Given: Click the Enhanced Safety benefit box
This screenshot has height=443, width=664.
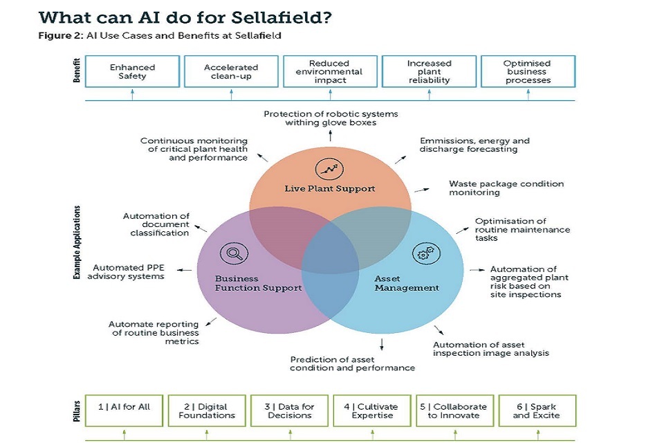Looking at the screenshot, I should coord(132,72).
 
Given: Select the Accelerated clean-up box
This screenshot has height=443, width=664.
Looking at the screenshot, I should coord(231,72).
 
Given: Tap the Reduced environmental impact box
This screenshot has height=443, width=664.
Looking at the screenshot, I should coord(329,72).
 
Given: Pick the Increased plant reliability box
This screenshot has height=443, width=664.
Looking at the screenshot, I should coord(428,72).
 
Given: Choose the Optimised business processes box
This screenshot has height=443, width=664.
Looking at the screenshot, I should coord(527,72).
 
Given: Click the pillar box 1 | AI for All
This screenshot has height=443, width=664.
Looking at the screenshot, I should coord(124,410).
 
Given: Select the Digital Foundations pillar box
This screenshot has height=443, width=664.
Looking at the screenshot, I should coord(207,410).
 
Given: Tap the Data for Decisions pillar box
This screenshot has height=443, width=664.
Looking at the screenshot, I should coord(289,410).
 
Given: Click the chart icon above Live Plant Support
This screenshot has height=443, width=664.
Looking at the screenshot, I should coord(330,168).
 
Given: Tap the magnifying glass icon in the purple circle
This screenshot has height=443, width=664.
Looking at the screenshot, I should coord(233,254).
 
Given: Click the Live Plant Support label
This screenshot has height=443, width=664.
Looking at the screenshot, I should coord(330,189).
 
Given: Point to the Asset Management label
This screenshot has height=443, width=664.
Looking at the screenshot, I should coord(407,283).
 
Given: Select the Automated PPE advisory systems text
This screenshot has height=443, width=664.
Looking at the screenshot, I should coord(129,272).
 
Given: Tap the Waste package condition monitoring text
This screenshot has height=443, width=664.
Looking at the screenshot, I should coord(506,188).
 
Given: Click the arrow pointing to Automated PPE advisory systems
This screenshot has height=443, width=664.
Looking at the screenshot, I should coord(184,270).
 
